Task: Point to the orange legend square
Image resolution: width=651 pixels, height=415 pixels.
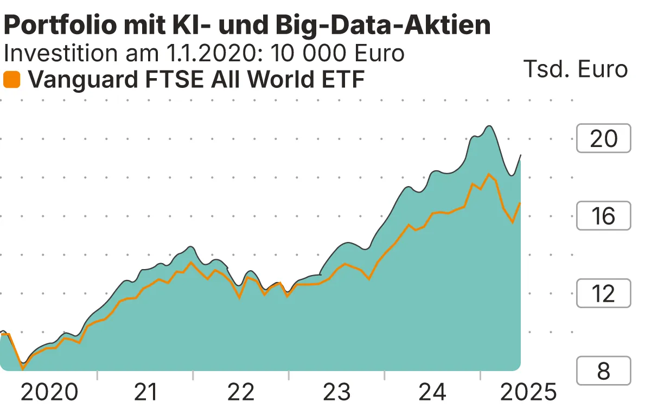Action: pyautogui.click(x=12, y=80)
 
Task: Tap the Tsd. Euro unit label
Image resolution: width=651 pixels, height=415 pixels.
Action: pyautogui.click(x=575, y=69)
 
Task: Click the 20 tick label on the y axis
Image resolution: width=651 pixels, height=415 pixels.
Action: pyautogui.click(x=603, y=139)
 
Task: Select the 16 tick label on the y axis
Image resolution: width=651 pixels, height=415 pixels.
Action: pyautogui.click(x=603, y=216)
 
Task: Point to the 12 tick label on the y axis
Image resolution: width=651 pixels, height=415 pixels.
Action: pyautogui.click(x=603, y=293)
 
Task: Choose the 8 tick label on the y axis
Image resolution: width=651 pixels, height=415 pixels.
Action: pyautogui.click(x=603, y=371)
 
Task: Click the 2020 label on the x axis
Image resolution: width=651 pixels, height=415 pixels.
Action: pyautogui.click(x=49, y=392)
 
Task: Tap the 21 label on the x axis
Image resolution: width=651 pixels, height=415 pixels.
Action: pyautogui.click(x=145, y=392)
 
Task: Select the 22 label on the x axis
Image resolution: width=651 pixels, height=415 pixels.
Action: pyautogui.click(x=241, y=392)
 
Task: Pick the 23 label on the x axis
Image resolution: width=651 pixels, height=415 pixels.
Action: pyautogui.click(x=337, y=392)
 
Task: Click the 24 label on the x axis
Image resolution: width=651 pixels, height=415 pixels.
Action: pyautogui.click(x=432, y=392)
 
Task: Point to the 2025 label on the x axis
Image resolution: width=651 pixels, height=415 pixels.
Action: pyautogui.click(x=528, y=392)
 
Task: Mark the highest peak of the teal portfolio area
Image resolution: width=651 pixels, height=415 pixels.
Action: pyautogui.click(x=489, y=126)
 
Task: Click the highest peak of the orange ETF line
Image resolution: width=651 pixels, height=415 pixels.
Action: pyautogui.click(x=489, y=174)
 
